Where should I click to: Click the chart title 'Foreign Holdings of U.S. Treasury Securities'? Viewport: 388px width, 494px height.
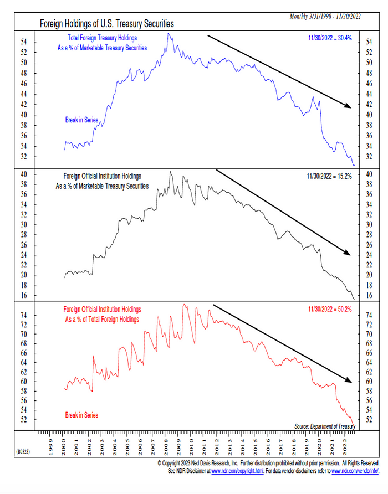pyautogui.click(x=107, y=24)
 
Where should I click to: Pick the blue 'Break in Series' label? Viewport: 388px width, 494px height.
pyautogui.click(x=81, y=120)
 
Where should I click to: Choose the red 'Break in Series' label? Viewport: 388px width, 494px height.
pyautogui.click(x=81, y=415)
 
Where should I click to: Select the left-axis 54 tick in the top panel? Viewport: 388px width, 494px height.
pyautogui.click(x=32, y=42)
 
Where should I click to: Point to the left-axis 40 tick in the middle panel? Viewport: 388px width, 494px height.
pyautogui.click(x=32, y=174)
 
